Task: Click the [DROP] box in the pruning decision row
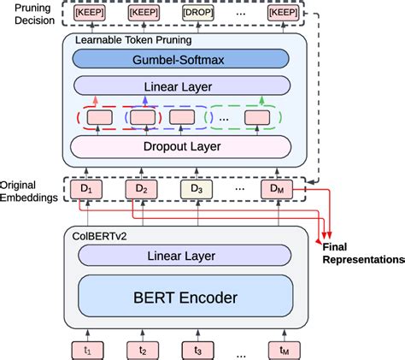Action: tap(196, 14)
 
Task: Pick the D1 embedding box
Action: tap(85, 188)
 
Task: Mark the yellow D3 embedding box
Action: tap(196, 188)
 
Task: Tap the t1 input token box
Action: tap(85, 348)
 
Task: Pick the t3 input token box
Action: tap(196, 348)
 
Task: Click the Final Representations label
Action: tap(363, 252)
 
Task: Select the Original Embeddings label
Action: tap(30, 191)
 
